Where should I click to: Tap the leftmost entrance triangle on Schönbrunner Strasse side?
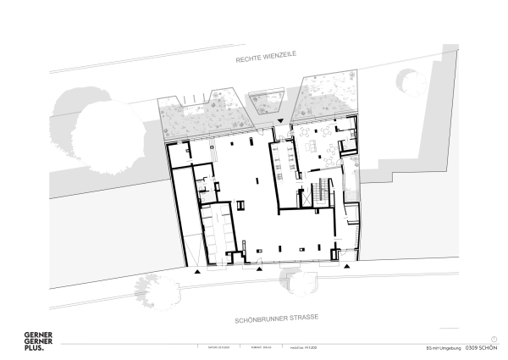198,272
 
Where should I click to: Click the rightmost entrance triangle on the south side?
346,266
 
